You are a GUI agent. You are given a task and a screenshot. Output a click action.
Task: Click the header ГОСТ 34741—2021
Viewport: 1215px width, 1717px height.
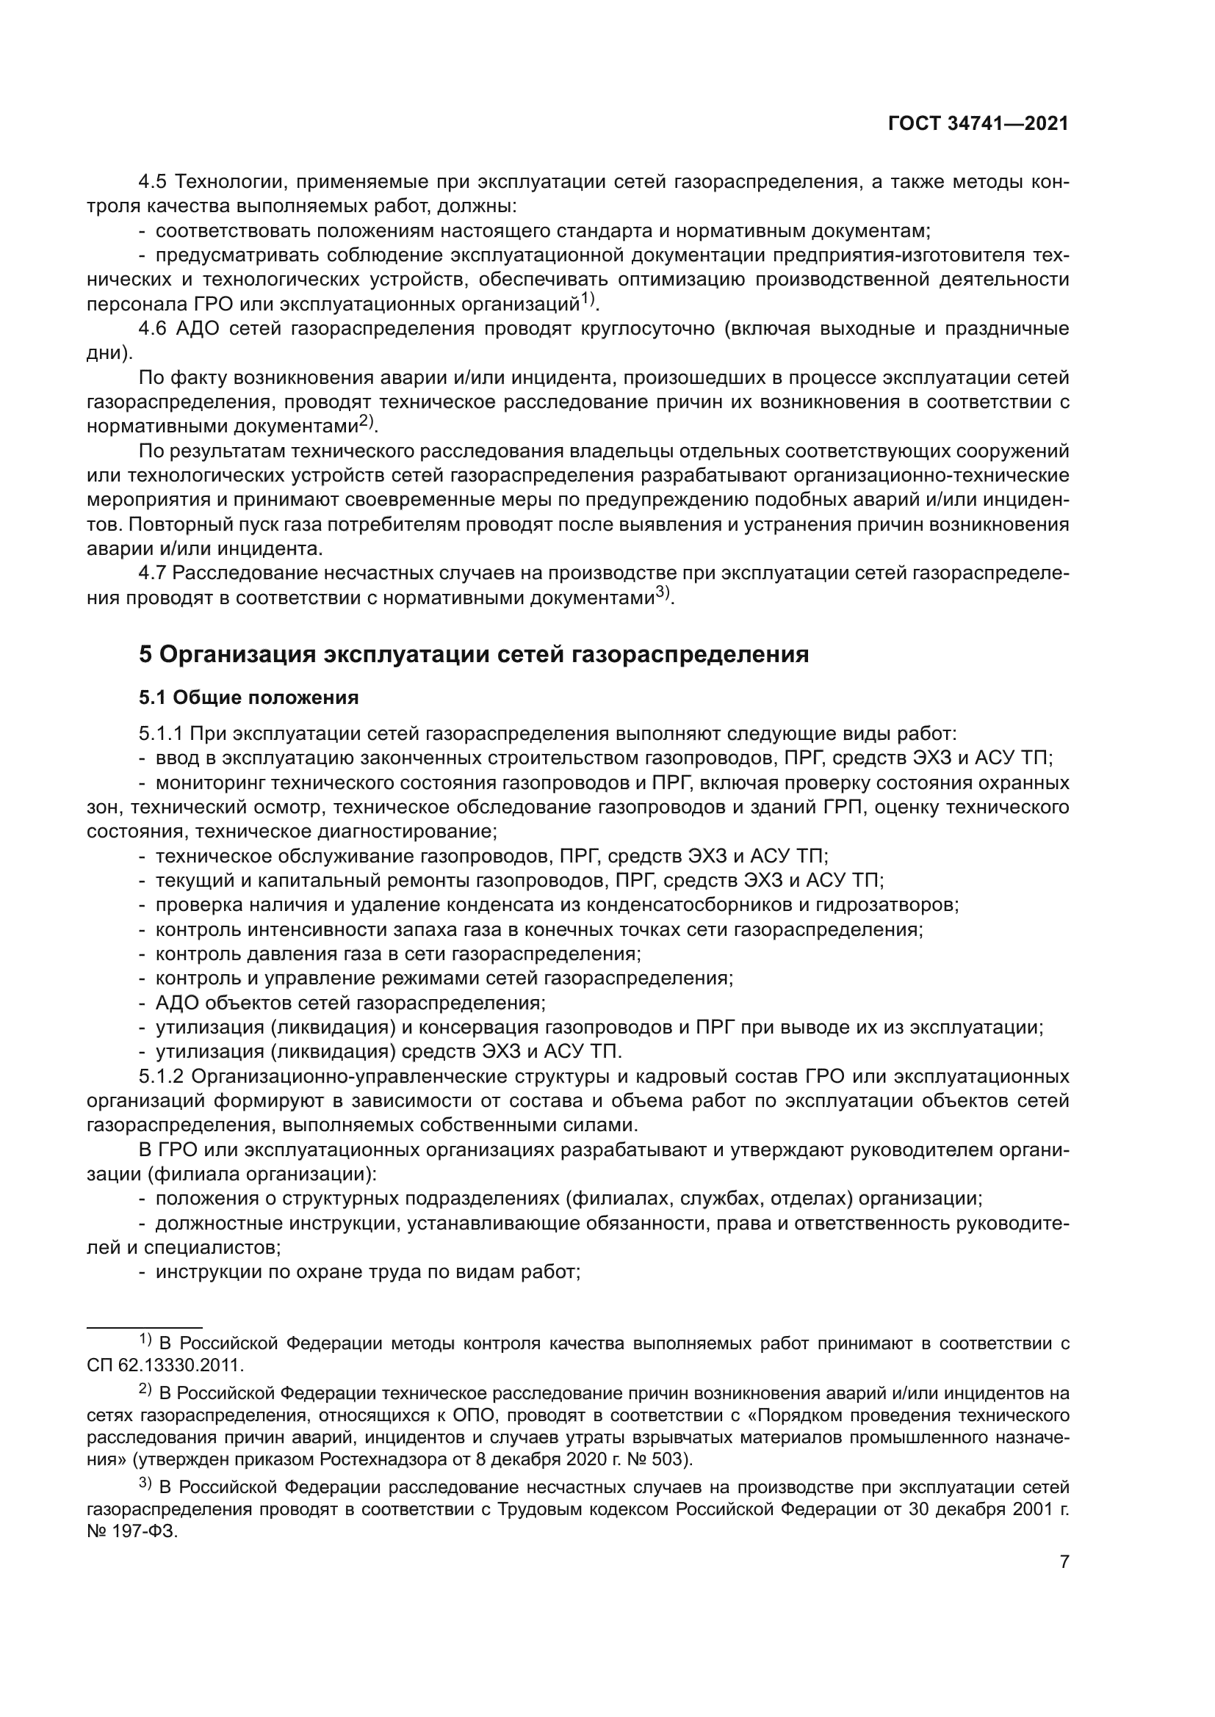pyautogui.click(x=978, y=124)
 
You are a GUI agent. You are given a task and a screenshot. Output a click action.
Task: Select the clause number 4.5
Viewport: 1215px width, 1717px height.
pyautogui.click(x=156, y=182)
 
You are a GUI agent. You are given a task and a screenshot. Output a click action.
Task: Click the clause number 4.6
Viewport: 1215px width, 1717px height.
pyautogui.click(x=156, y=329)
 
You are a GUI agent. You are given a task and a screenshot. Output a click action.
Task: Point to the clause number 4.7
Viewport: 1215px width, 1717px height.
pyautogui.click(x=154, y=573)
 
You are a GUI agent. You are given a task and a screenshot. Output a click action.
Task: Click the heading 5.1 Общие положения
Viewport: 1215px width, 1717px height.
pyautogui.click(x=248, y=697)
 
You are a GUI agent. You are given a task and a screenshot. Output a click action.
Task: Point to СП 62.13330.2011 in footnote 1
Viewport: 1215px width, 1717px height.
pyautogui.click(x=165, y=1365)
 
